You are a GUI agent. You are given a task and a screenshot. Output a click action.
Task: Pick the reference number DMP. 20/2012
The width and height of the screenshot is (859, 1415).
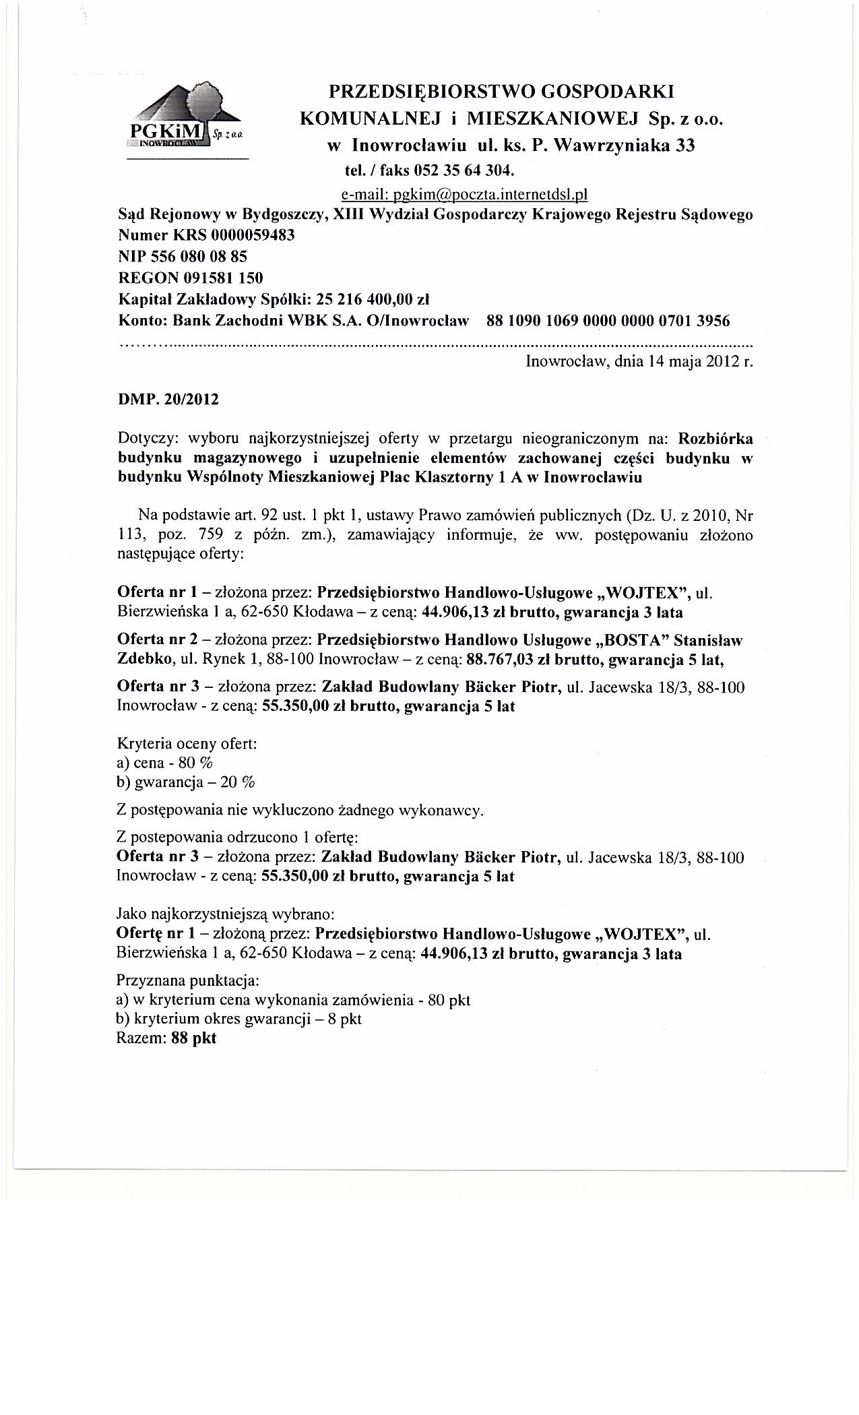168,399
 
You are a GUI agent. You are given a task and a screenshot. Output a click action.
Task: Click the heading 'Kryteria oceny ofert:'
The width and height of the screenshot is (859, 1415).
187,744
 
